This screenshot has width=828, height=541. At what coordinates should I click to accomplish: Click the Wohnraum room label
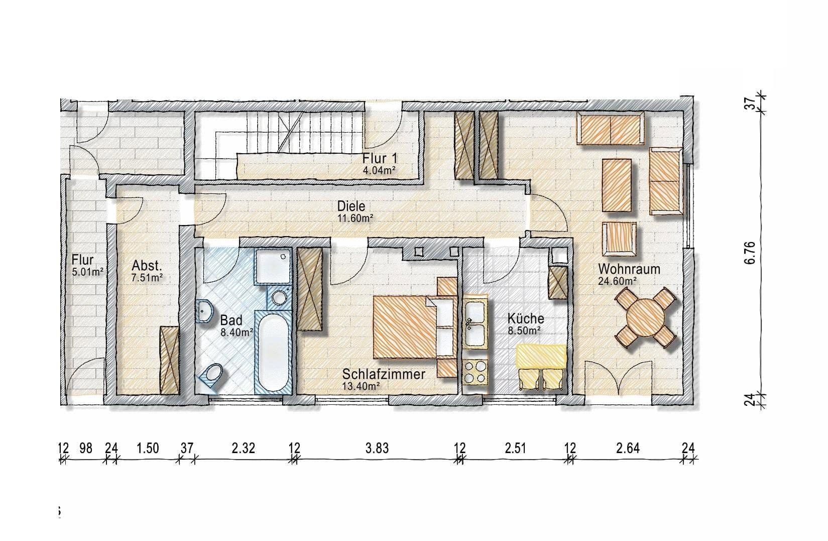pos(629,269)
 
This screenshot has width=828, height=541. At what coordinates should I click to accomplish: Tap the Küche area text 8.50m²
pos(525,331)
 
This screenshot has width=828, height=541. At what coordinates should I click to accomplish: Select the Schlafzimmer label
pos(384,374)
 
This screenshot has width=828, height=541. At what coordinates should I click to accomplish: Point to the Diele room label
pos(351,206)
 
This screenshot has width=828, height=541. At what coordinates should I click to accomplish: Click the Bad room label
pos(231,320)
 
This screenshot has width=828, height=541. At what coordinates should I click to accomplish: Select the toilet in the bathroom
pos(212,374)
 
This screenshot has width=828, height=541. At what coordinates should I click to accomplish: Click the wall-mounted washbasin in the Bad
pos(205,310)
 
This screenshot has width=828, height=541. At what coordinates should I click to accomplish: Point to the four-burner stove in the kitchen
pos(475,372)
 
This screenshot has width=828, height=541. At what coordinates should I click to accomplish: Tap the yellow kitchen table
pos(541,357)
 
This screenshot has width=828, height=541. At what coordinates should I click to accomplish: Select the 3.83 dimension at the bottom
pos(377,448)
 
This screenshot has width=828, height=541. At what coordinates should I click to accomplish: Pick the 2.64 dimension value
pos(628,448)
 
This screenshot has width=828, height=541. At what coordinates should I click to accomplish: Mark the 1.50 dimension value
pos(148,448)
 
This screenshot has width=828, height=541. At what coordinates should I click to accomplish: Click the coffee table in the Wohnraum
pos(617,185)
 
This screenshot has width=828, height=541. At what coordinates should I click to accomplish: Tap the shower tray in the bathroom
pos(273,266)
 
